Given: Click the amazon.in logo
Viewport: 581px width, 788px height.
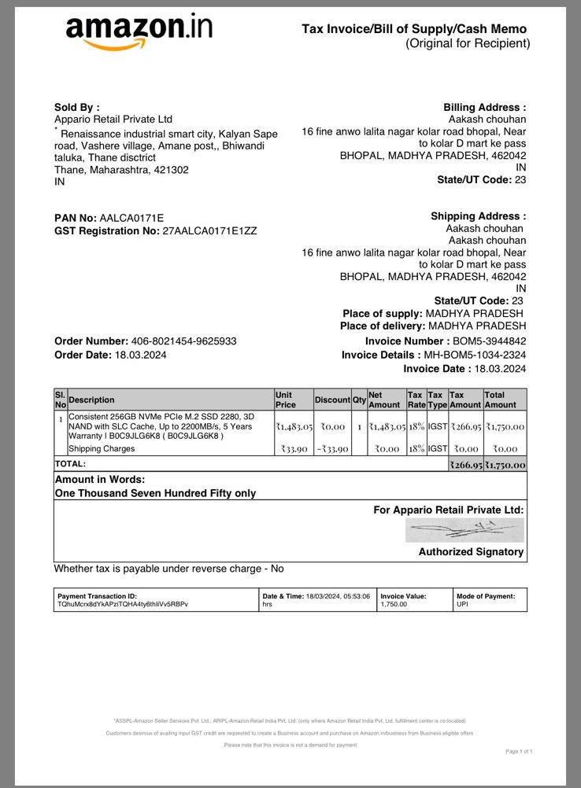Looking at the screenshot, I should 139,31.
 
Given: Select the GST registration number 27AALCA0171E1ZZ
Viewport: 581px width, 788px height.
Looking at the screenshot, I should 209,231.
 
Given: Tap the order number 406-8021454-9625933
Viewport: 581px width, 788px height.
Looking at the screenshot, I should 183,341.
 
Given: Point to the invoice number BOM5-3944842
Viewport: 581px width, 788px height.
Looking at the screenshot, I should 489,341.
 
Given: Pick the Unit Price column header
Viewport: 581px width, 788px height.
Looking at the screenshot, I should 285,400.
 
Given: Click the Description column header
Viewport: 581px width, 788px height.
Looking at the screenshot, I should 91,400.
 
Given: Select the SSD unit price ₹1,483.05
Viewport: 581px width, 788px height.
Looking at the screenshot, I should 294,426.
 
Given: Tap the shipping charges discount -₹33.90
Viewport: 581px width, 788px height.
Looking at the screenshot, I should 333,449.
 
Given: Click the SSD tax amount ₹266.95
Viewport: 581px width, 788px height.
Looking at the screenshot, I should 465,426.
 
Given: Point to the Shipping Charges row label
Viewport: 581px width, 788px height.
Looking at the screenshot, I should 102,449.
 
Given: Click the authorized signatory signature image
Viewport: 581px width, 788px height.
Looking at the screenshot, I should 464,530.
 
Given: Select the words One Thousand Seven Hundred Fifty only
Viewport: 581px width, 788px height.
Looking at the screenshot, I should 155,494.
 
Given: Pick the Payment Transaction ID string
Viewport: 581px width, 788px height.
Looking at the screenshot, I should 123,605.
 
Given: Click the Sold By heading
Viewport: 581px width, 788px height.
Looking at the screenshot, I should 76,108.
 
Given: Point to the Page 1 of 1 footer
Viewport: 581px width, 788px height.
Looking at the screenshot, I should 519,752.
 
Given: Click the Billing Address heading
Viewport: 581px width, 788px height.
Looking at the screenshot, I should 484,108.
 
